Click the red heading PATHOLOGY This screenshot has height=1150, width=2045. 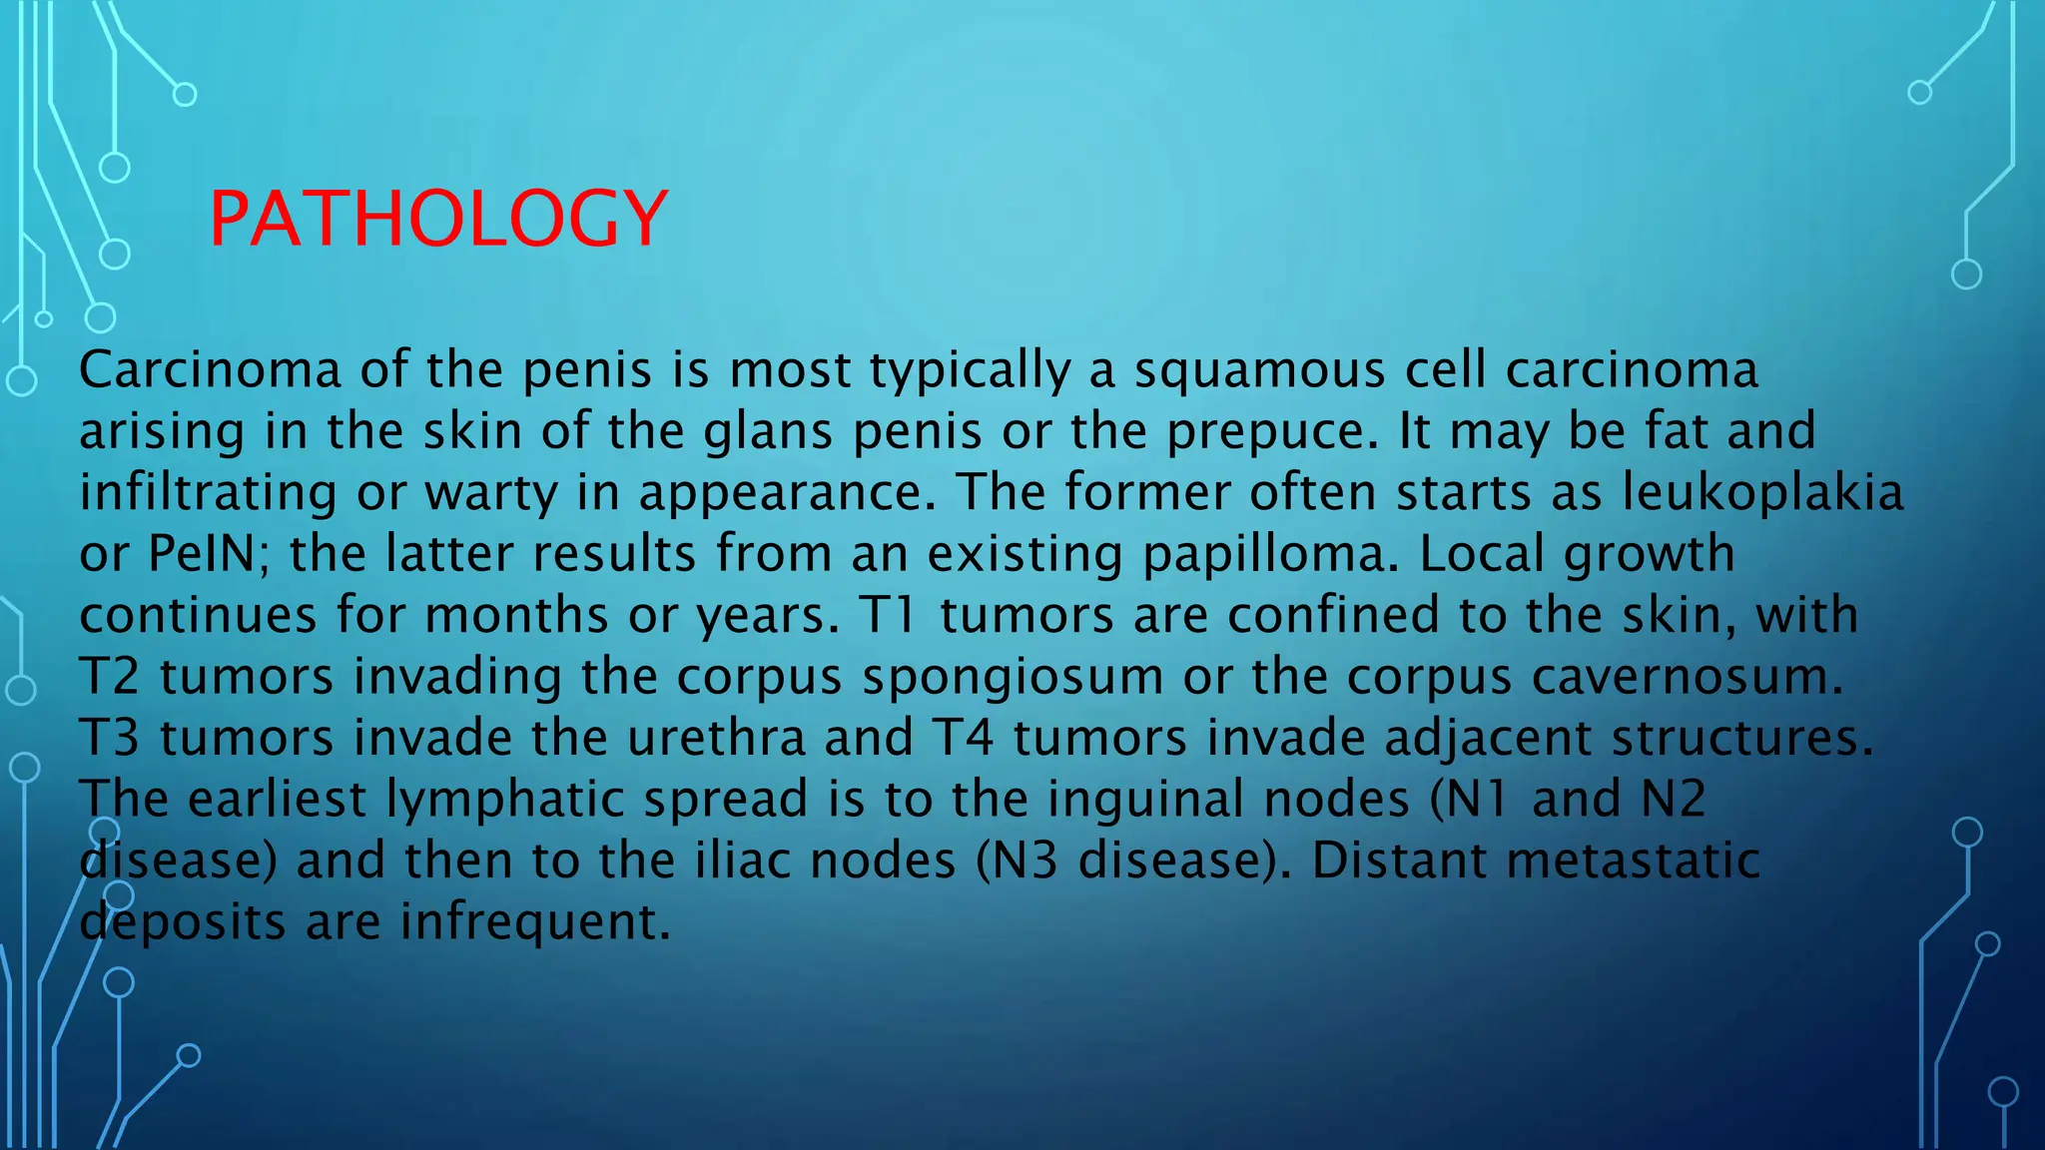(438, 219)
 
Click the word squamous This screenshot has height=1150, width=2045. (1259, 371)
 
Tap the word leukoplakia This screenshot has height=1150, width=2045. (1762, 492)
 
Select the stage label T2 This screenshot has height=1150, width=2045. (109, 677)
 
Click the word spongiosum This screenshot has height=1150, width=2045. (1013, 678)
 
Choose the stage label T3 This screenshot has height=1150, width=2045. (109, 739)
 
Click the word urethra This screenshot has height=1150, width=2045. (716, 739)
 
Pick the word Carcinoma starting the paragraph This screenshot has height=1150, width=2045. (210, 370)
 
